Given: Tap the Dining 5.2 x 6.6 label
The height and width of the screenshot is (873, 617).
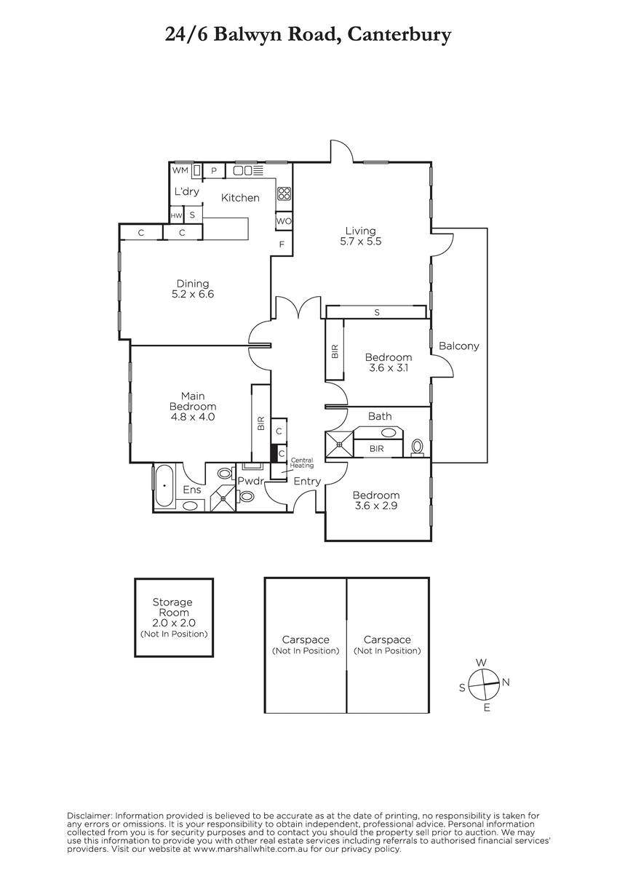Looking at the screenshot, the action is [x=193, y=289].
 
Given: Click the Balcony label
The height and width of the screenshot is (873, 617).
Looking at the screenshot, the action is [x=459, y=346].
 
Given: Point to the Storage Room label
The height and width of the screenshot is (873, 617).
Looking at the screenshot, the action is [x=172, y=607].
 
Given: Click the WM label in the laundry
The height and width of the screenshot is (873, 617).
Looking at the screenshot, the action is [x=180, y=170].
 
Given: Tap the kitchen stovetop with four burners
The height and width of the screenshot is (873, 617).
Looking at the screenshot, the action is [x=284, y=194].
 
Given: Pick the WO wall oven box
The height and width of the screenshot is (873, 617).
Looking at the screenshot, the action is [x=284, y=221].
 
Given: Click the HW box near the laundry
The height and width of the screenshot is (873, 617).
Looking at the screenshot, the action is [x=176, y=215].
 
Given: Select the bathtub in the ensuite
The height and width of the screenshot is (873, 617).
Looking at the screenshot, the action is [x=164, y=486].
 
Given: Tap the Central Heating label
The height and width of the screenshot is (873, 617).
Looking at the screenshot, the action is [x=302, y=463].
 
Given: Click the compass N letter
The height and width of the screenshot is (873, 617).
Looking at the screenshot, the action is [x=506, y=682].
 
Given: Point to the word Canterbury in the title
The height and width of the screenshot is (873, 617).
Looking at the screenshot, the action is [x=399, y=35].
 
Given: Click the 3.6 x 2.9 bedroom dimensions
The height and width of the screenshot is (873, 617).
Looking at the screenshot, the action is [x=375, y=506].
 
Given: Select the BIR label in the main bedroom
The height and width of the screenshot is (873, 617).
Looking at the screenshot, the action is [x=261, y=423].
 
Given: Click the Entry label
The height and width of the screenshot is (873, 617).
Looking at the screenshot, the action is [x=307, y=482].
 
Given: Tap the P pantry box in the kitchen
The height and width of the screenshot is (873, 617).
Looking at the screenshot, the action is [x=214, y=171].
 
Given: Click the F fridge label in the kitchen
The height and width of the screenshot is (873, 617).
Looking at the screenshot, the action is [x=282, y=244].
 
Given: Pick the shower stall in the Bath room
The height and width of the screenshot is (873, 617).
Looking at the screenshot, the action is [x=340, y=444].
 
